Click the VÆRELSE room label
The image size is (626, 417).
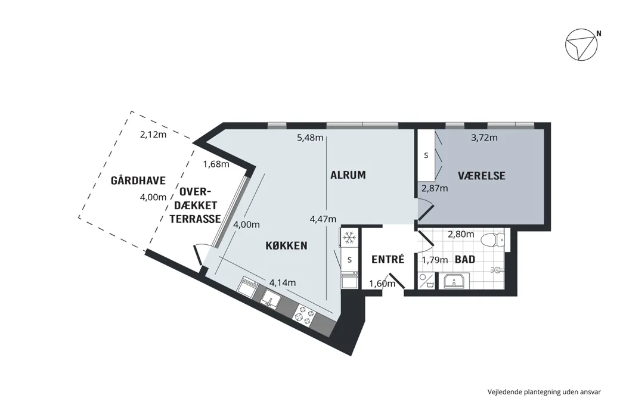coord(482,176)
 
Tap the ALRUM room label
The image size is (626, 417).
coord(348,175)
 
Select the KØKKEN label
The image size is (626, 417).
coord(286,245)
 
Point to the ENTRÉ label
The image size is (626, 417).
coord(388,259)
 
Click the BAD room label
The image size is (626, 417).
coord(465,259)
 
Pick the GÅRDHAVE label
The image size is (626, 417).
coord(138,181)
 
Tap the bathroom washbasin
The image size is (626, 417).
coord(454,281)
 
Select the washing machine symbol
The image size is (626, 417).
coord(426,281)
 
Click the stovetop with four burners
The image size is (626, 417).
coord(305,314)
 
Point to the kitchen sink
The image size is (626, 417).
coord(271,298)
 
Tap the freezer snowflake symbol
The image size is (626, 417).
coord(350,238)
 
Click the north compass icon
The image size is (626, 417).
coord(581,45)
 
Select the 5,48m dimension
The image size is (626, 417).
coord(310,138)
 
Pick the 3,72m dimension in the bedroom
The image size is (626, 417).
coord(484,138)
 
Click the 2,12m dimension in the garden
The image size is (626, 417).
coord(153,135)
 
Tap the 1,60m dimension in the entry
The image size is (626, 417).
coord(382,284)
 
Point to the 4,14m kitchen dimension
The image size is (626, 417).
coord(283,282)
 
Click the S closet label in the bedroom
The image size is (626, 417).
coord(426,155)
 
